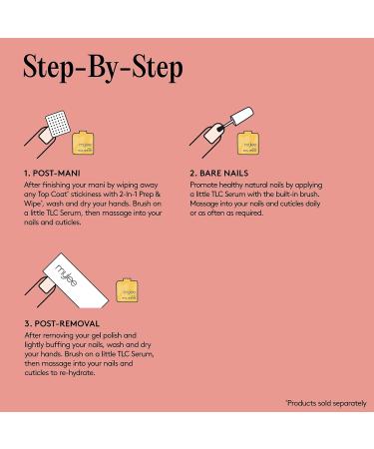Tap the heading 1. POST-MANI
(x=56, y=172)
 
